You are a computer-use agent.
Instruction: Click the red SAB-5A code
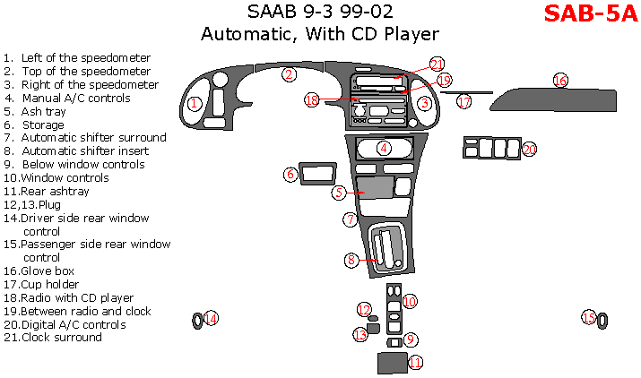pyautogui.click(x=590, y=13)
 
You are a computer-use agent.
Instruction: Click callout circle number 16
pyautogui.click(x=560, y=80)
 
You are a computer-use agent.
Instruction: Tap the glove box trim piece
pyautogui.click(x=553, y=99)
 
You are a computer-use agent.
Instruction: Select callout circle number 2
pyautogui.click(x=289, y=74)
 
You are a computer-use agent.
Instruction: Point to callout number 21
pyautogui.click(x=437, y=64)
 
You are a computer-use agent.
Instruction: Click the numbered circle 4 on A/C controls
pyautogui.click(x=384, y=148)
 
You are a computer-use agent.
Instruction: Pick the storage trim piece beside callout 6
pyautogui.click(x=318, y=174)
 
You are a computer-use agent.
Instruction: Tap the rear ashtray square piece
pyautogui.click(x=392, y=363)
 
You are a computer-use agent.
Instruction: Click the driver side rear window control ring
pyautogui.click(x=197, y=321)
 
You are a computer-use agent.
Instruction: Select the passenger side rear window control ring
pyautogui.click(x=602, y=321)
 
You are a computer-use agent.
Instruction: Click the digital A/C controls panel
pyautogui.click(x=492, y=148)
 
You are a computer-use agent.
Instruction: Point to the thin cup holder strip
pyautogui.click(x=466, y=93)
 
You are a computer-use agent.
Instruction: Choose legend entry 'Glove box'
pyautogui.click(x=39, y=271)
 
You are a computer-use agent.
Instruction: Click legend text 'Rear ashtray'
pyautogui.click(x=47, y=192)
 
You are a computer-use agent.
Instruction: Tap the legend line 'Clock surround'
pyautogui.click(x=53, y=338)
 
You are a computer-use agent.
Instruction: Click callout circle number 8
pyautogui.click(x=351, y=260)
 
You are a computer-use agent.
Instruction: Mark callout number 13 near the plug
pyautogui.click(x=360, y=335)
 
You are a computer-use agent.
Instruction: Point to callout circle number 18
pyautogui.click(x=311, y=99)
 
